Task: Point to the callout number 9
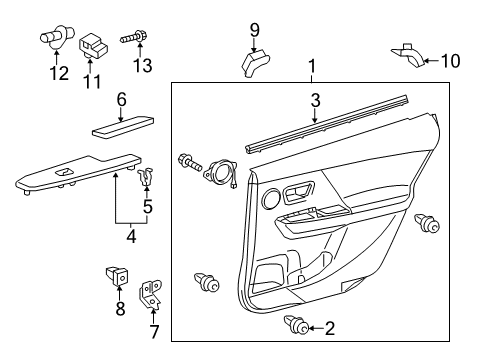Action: tap(254, 28)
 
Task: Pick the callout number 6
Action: tap(121, 99)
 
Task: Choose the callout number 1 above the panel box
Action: tap(312, 68)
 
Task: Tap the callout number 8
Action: tap(120, 310)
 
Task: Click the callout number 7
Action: tap(153, 331)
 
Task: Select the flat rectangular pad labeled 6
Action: tap(121, 128)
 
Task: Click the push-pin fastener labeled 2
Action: tap(301, 325)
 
